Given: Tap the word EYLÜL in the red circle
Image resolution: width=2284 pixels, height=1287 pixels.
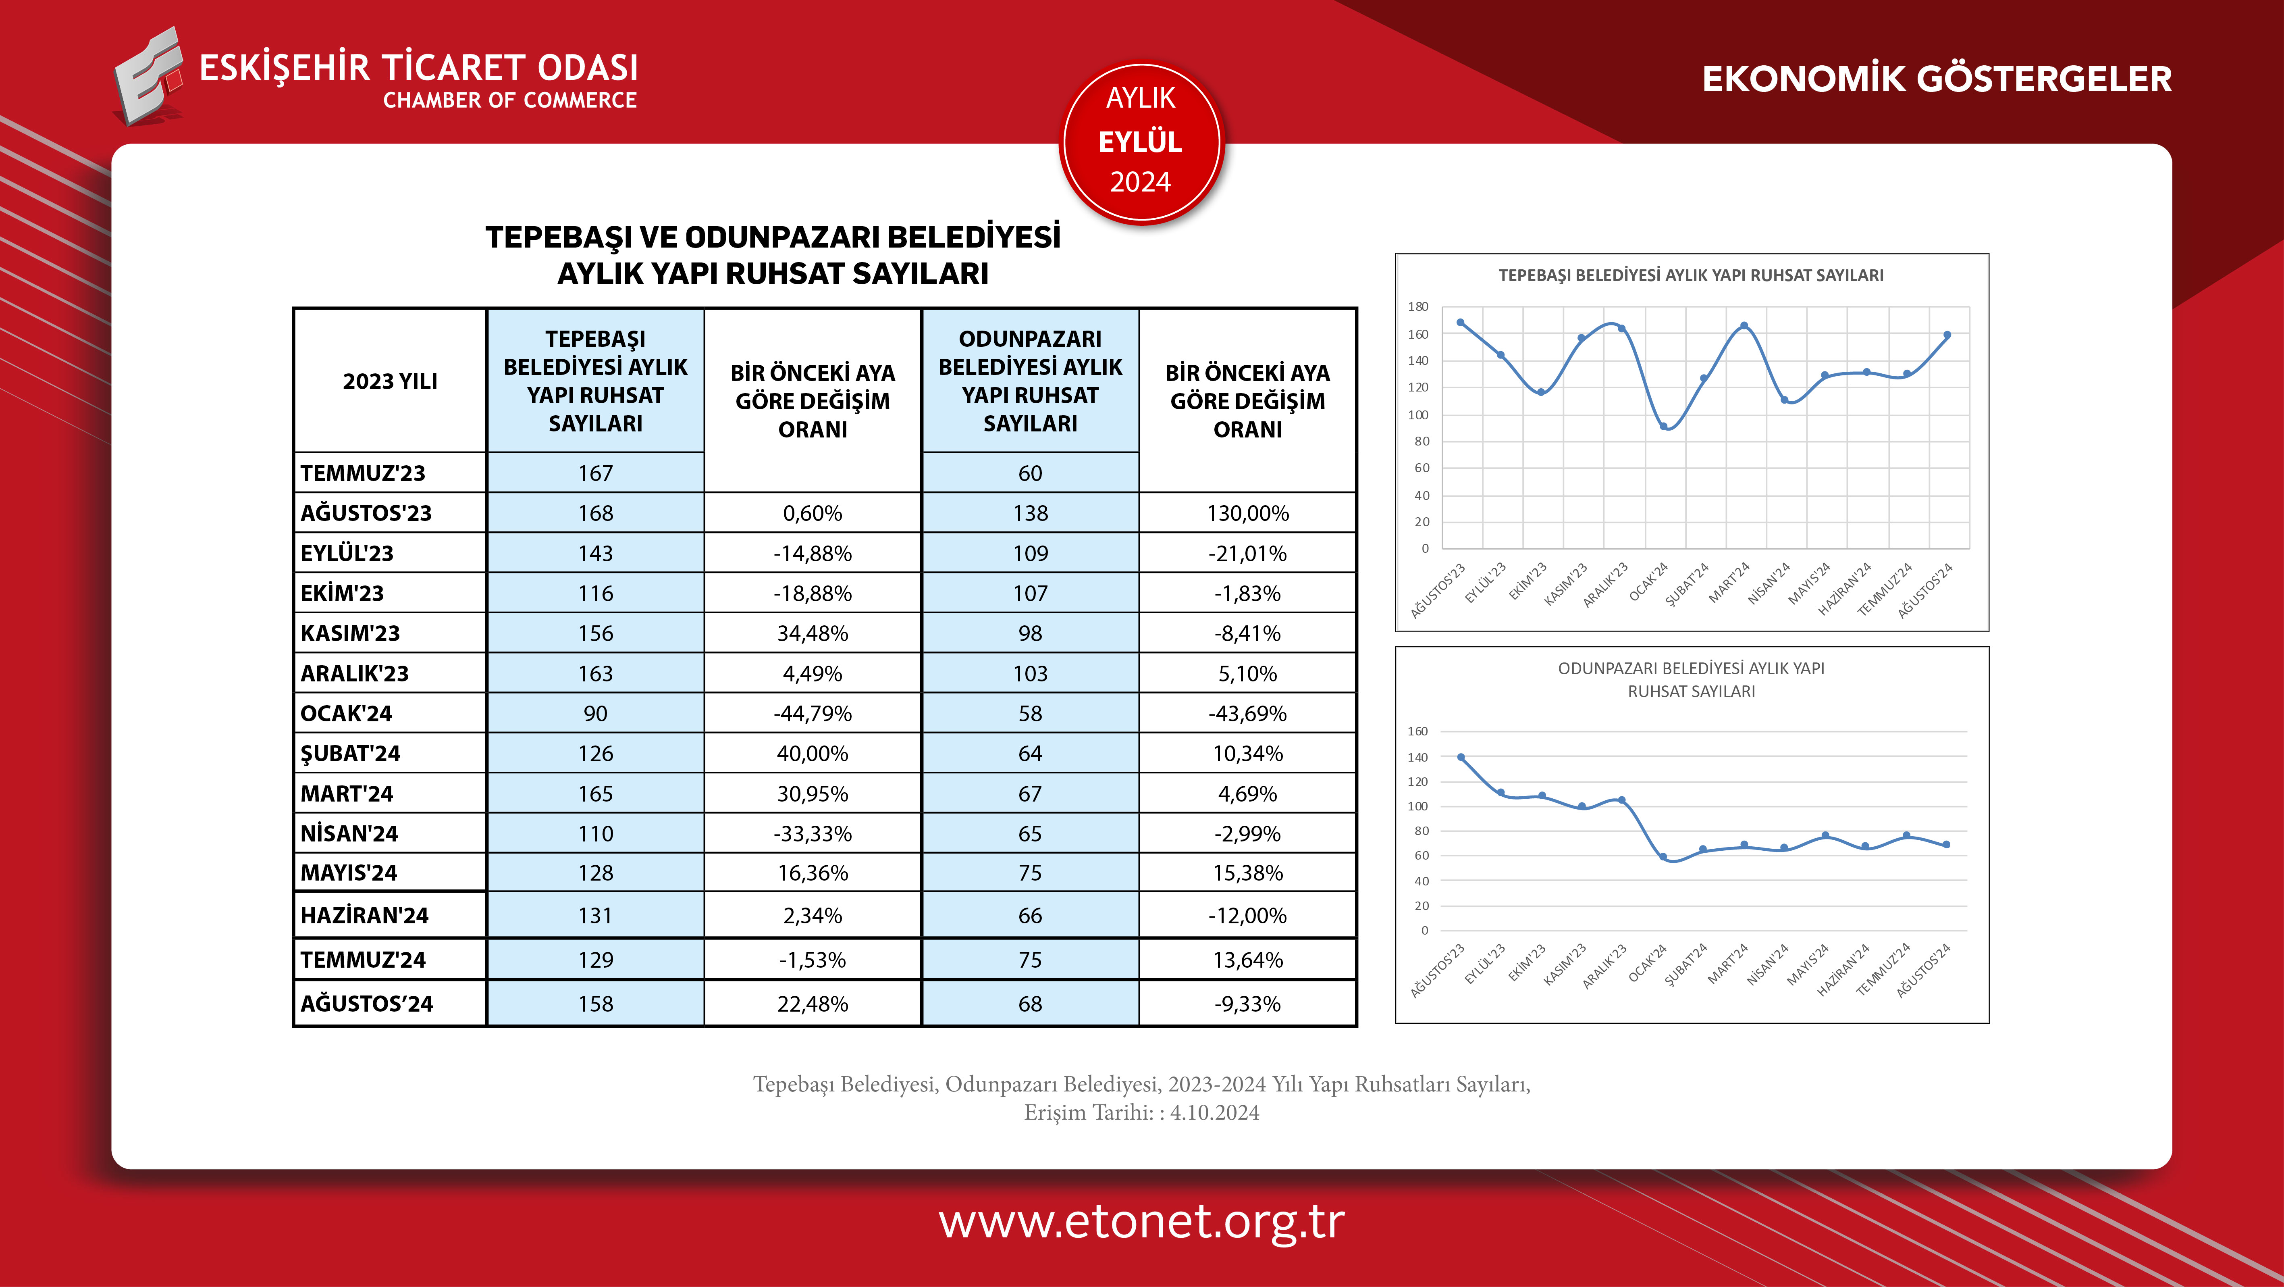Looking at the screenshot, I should pyautogui.click(x=1140, y=142).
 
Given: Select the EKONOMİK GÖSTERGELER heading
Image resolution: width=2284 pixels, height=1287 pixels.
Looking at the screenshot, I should pyautogui.click(x=1937, y=79).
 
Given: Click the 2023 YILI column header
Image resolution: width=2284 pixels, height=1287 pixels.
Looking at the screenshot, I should pyautogui.click(x=390, y=381).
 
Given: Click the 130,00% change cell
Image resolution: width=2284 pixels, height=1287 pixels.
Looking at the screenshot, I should pyautogui.click(x=1247, y=513).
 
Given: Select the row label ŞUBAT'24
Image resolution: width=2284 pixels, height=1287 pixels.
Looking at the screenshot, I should pyautogui.click(x=350, y=753).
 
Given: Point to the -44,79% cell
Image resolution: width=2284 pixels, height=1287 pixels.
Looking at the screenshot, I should pyautogui.click(x=812, y=713).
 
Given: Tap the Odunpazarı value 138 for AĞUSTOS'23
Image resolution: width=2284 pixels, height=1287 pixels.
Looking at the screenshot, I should pyautogui.click(x=1030, y=513).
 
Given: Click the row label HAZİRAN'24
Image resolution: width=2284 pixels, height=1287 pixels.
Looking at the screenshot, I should pyautogui.click(x=364, y=915).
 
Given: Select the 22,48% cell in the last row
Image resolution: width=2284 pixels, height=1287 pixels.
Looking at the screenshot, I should pyautogui.click(x=812, y=1003).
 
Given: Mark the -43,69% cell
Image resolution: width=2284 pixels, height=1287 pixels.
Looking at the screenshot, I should pyautogui.click(x=1247, y=713).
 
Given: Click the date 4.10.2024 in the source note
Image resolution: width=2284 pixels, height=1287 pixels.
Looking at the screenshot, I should pyautogui.click(x=1215, y=1112).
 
